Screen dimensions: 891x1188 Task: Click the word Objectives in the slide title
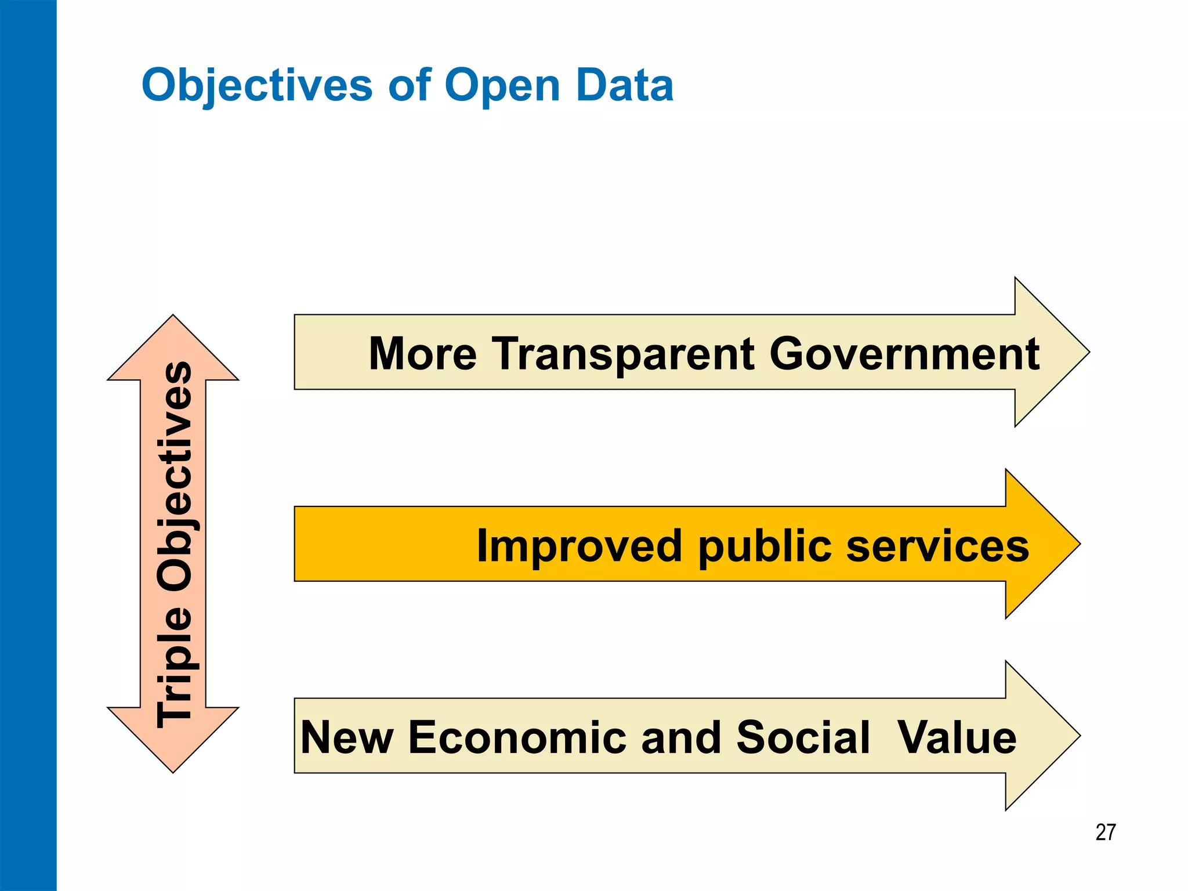pos(256,86)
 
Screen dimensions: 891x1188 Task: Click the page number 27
pos(1105,832)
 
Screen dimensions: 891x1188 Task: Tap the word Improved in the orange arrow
pos(579,546)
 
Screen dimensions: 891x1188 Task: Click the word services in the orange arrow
pos(937,546)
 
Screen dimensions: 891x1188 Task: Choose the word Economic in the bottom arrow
pos(517,737)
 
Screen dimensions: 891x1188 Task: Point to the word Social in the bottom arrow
pos(803,737)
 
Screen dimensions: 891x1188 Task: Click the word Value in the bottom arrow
pos(957,737)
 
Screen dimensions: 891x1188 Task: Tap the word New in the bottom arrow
pos(347,737)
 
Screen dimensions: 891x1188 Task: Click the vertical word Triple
pos(174,667)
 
